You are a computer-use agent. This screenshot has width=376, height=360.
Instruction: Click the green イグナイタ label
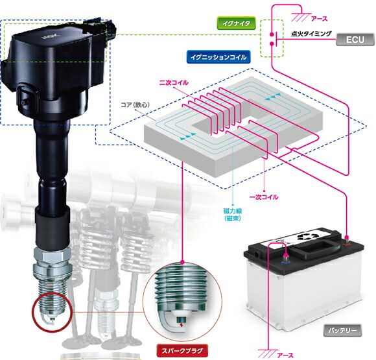236,23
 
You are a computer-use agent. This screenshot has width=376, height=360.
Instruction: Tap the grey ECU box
355,40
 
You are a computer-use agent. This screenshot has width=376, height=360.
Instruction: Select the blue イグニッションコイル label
218,57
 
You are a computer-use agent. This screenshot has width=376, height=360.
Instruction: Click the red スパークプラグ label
182,351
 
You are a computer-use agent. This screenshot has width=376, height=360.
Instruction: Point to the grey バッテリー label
342,330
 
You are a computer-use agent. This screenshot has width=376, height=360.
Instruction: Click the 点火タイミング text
311,34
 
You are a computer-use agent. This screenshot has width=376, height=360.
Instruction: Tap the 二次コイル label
174,82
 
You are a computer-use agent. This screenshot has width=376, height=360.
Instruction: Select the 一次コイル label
264,197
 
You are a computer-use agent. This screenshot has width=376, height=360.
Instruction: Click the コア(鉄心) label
135,104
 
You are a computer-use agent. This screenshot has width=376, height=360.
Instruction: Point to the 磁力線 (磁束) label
233,215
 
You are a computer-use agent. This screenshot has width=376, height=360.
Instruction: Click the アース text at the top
319,18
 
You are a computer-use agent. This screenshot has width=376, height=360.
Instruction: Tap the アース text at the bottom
285,355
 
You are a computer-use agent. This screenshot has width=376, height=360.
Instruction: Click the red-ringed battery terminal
347,241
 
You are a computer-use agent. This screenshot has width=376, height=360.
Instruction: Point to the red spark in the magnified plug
181,325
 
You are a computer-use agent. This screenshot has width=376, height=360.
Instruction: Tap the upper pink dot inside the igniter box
272,34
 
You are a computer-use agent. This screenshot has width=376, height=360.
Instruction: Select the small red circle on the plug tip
52,312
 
